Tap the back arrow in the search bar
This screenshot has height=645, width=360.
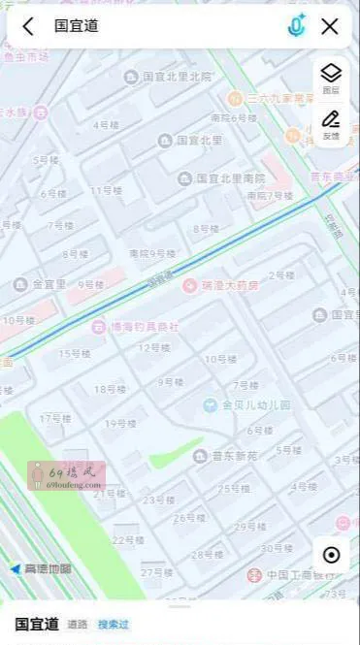(28, 26)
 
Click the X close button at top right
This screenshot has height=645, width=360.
(330, 26)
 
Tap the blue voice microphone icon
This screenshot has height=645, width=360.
(297, 26)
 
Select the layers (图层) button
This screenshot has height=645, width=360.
(331, 78)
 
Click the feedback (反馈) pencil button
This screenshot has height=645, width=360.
(331, 124)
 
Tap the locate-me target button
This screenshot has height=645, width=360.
(332, 555)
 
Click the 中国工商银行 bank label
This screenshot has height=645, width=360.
(305, 573)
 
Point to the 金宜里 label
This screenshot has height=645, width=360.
(42, 284)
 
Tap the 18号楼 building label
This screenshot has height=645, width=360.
(110, 389)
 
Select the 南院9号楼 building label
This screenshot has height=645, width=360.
(152, 253)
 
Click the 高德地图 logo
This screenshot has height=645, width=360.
(41, 568)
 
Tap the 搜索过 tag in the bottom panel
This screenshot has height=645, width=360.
(114, 624)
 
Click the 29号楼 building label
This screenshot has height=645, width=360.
(249, 527)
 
